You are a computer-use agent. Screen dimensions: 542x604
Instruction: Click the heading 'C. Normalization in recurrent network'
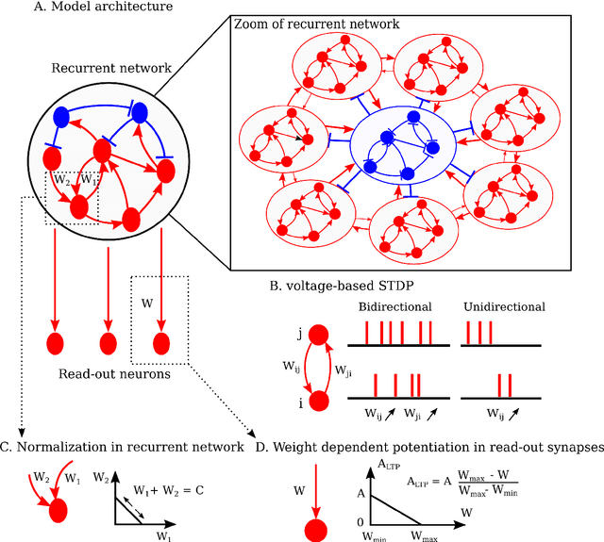(x=123, y=447)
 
